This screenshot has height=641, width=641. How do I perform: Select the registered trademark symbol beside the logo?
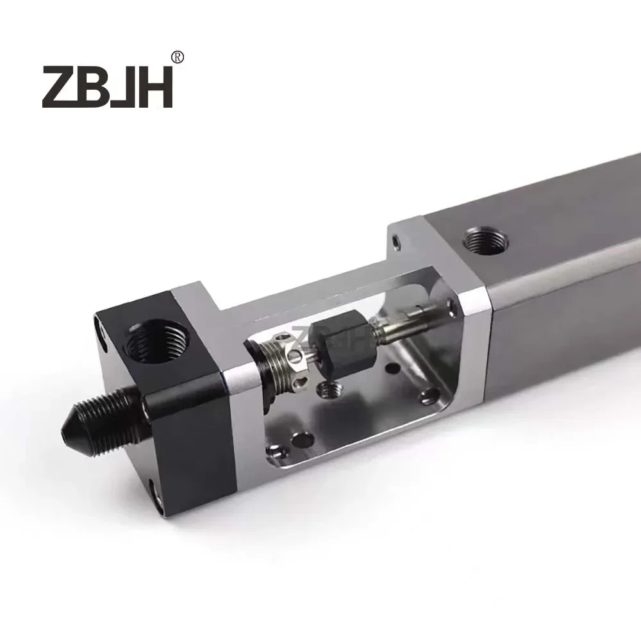click(x=178, y=58)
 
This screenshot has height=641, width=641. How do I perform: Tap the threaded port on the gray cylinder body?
click(x=485, y=242)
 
